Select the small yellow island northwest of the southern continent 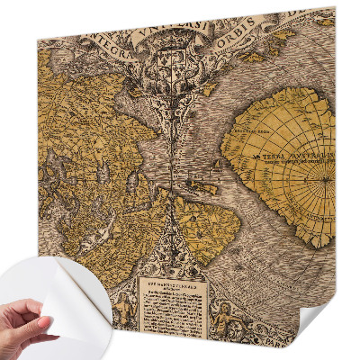pos(208,188)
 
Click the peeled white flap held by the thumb pos(63,297)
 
